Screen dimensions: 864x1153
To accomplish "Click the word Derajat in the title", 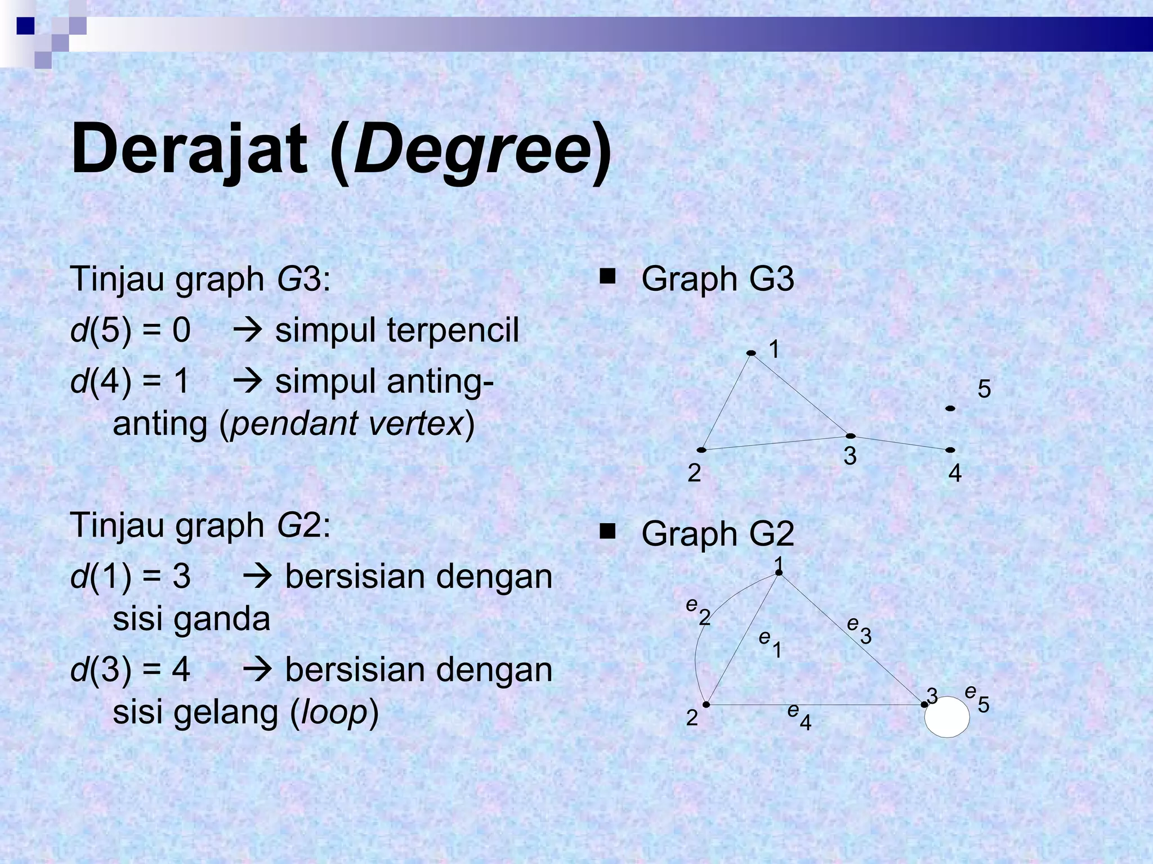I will click(189, 150).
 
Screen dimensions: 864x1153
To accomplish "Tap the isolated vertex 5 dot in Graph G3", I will click(950, 408).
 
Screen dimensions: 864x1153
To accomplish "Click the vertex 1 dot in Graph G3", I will click(751, 353).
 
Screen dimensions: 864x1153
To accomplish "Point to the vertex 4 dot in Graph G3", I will click(950, 450).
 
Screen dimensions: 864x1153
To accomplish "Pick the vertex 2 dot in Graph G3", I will click(701, 450).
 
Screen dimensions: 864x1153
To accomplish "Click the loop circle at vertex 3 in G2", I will click(948, 717).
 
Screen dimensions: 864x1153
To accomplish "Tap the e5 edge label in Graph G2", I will click(977, 697).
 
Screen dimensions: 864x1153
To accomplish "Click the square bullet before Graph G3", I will click(607, 277).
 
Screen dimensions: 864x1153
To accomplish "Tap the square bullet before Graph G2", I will click(607, 532).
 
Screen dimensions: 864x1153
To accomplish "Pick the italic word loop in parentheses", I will click(334, 713).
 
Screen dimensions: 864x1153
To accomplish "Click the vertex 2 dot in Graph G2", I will click(707, 704).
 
